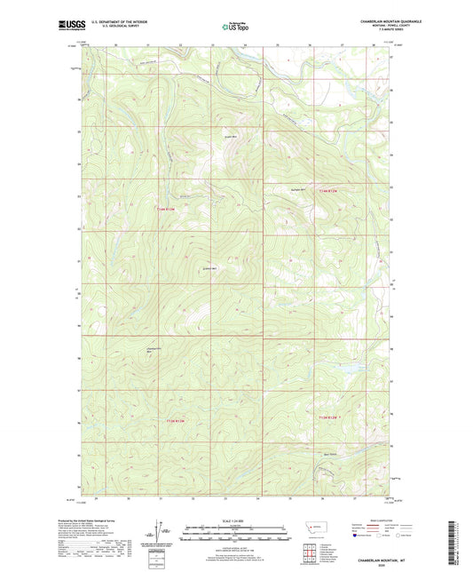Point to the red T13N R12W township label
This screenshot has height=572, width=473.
[x=328, y=417]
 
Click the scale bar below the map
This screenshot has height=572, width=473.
[x=236, y=535]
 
